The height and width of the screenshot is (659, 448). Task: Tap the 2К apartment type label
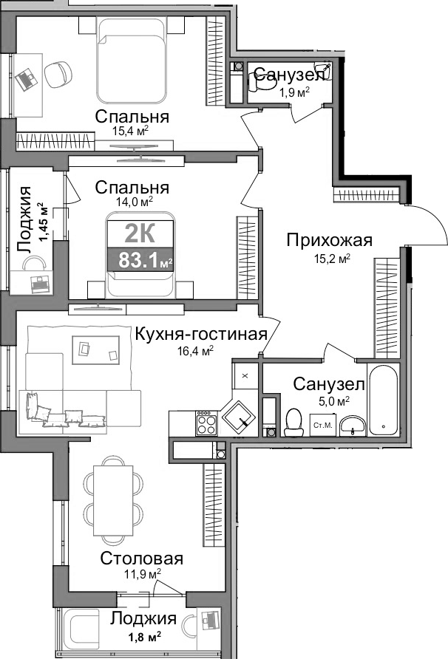click(139, 233)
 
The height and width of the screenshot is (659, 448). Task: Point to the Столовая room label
click(142, 559)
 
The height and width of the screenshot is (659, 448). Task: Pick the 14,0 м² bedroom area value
click(134, 200)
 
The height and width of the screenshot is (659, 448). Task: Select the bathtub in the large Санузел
click(382, 398)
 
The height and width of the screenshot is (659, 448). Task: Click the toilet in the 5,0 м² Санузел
click(293, 422)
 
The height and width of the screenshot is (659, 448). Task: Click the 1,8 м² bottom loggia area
click(142, 635)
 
